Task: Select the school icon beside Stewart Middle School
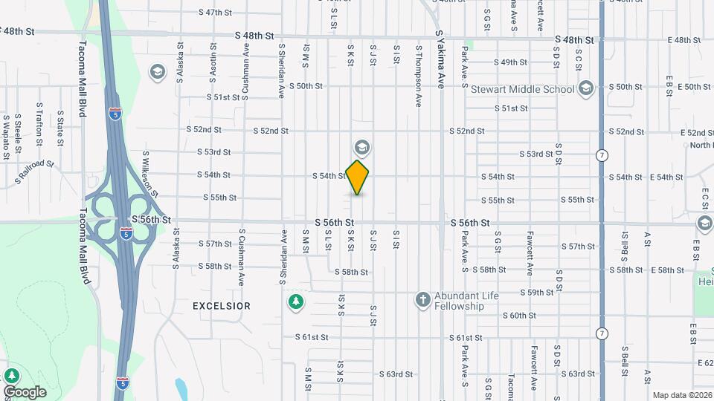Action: pyautogui.click(x=585, y=88)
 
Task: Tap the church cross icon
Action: pyautogui.click(x=422, y=299)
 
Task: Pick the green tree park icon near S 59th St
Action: pyautogui.click(x=296, y=301)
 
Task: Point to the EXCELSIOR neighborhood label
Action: pyautogui.click(x=222, y=306)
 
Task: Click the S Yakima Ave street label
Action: pyautogui.click(x=440, y=59)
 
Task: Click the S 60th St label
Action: pyautogui.click(x=518, y=316)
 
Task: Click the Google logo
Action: pyautogui.click(x=25, y=391)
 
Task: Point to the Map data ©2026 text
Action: pyautogui.click(x=680, y=395)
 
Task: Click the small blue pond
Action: pyautogui.click(x=181, y=388)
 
